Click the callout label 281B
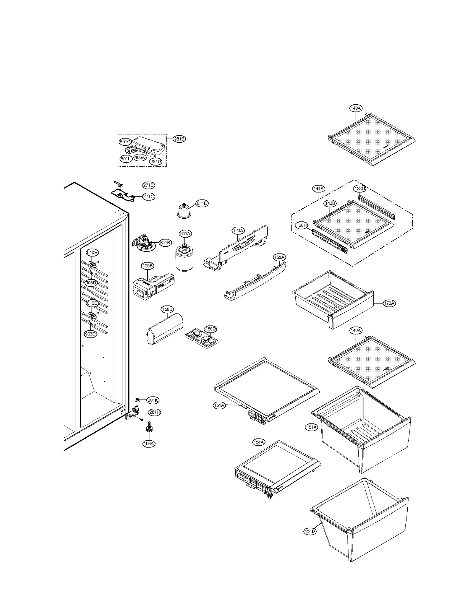179,139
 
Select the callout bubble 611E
202,203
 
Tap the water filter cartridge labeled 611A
184,259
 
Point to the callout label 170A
389,303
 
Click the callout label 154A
259,450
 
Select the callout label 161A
219,405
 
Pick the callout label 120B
148,266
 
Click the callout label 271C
148,197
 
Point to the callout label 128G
360,189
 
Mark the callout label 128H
301,225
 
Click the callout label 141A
318,189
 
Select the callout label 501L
125,159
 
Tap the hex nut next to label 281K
137,400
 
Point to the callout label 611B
165,243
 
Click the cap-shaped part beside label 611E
184,211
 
